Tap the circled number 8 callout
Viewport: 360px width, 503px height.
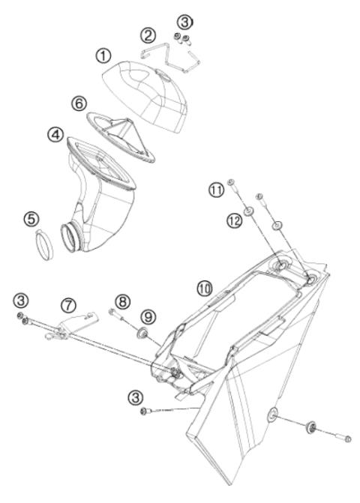tap(123, 301)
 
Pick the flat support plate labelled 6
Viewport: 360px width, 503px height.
tap(135, 127)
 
